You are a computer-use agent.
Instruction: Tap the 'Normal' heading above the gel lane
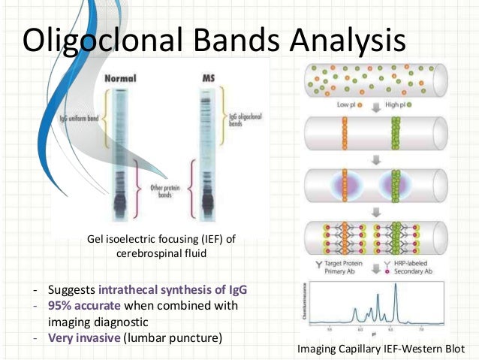click(x=120, y=77)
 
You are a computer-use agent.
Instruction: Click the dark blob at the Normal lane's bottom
click(x=120, y=201)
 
